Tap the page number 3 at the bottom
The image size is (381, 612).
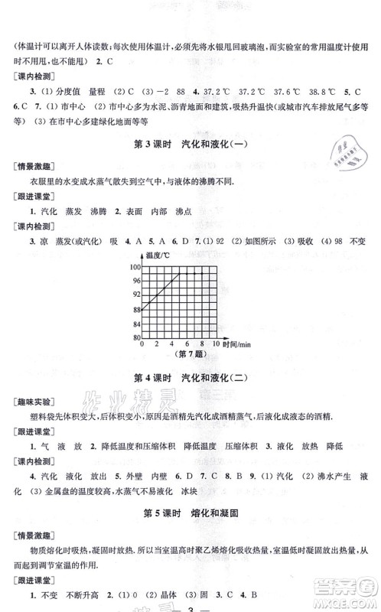(190, 604)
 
